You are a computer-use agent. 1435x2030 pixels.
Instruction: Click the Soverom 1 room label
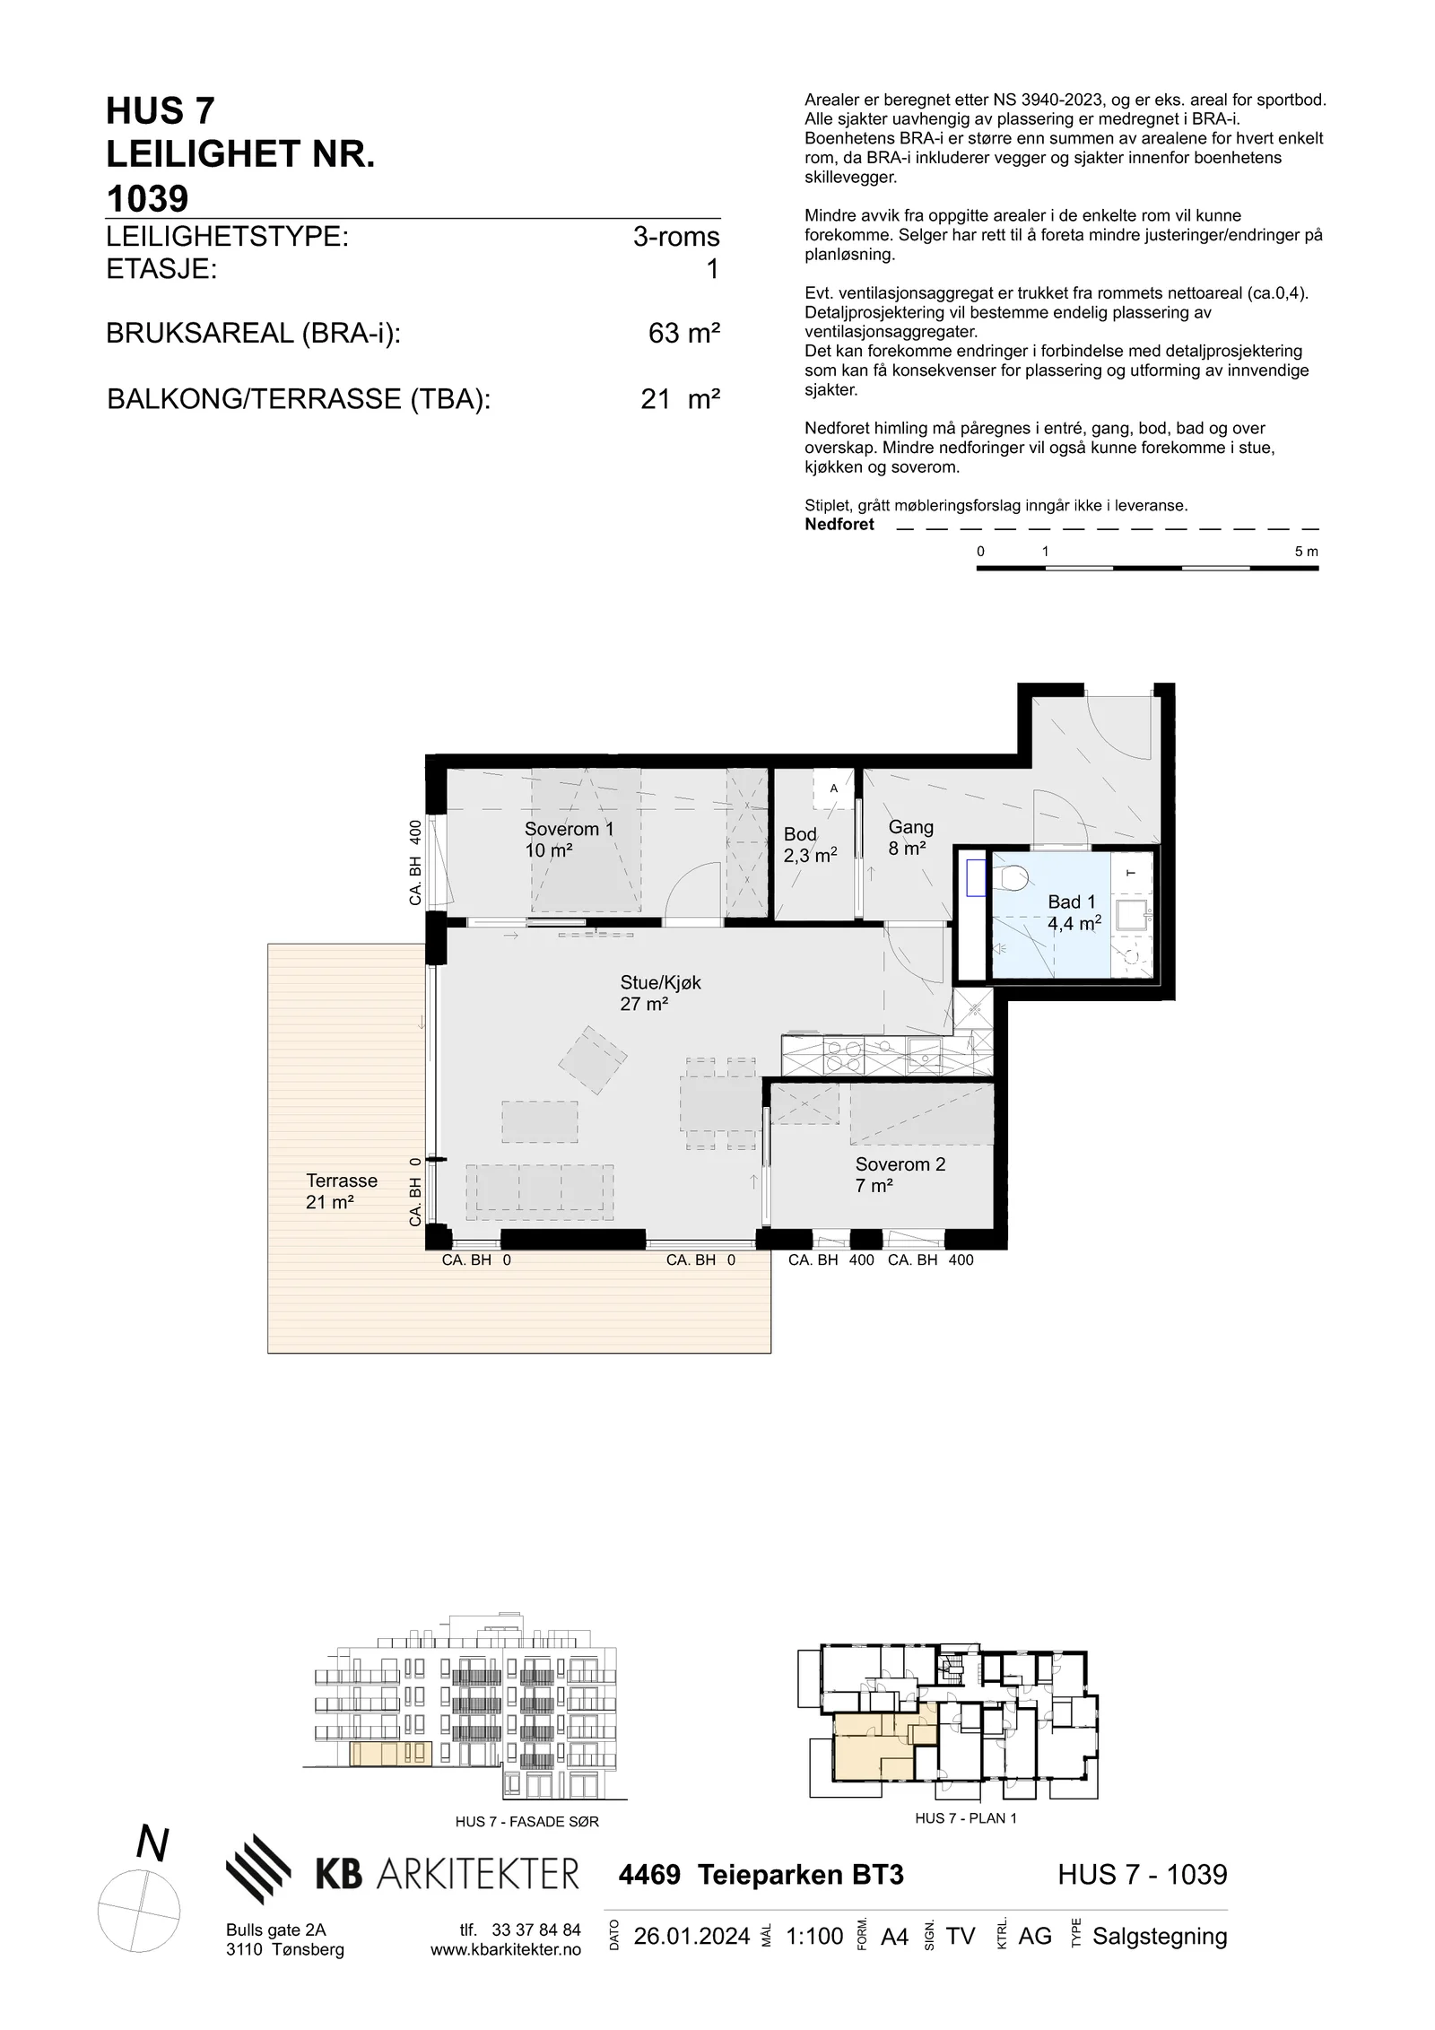pos(570,839)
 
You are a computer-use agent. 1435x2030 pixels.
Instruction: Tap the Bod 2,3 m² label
pos(810,844)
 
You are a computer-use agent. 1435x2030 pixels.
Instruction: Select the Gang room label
pos(910,837)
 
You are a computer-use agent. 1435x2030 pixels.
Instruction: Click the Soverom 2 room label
pos(900,1175)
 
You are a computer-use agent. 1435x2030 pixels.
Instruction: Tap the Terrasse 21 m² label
pos(341,1191)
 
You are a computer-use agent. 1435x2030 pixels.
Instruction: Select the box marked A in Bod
pos(833,788)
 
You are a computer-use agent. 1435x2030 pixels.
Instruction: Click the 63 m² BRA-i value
pos(684,334)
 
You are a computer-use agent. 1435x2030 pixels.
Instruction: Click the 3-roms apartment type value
pos(676,237)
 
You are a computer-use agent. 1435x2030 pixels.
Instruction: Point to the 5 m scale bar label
pos(1307,552)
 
